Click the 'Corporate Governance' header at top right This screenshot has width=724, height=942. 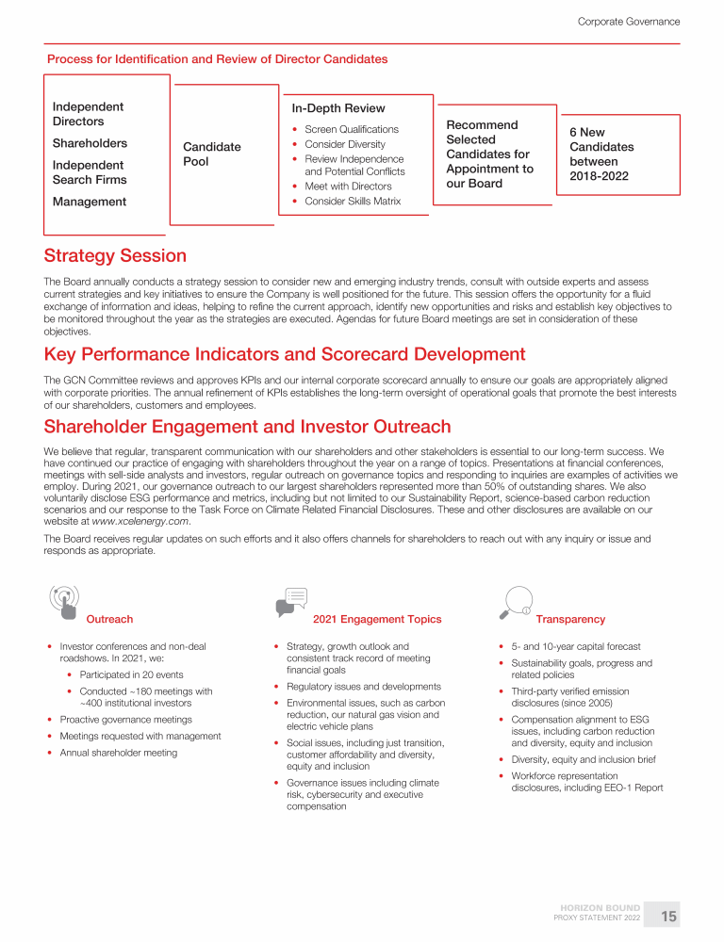click(628, 22)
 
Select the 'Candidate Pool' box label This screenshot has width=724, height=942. click(211, 154)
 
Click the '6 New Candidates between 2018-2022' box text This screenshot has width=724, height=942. click(601, 154)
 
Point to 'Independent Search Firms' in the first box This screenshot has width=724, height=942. click(90, 172)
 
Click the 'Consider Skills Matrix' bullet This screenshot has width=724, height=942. click(352, 201)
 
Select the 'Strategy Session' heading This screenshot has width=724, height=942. click(115, 256)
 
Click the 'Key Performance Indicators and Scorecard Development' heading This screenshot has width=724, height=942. click(285, 355)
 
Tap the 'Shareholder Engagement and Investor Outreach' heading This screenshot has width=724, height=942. click(247, 427)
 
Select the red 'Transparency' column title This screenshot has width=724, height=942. click(570, 620)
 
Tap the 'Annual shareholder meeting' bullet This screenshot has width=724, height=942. click(118, 753)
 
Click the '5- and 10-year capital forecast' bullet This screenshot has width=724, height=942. click(575, 647)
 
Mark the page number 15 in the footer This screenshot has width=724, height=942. click(668, 916)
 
